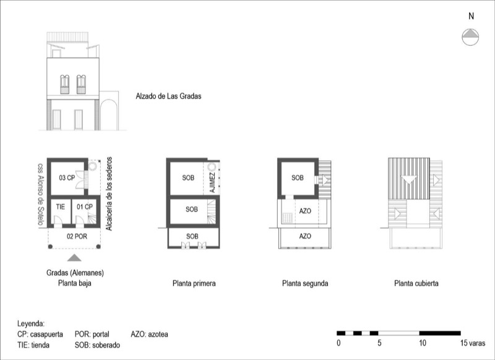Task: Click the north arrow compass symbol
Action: (470, 37)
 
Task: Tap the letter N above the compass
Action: (471, 16)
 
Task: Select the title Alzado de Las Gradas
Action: (168, 96)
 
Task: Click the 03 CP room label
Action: (67, 178)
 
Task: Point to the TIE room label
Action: (61, 207)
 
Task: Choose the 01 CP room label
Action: (85, 207)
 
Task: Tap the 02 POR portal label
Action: (77, 236)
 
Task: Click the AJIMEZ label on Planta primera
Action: (212, 182)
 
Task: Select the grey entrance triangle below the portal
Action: (74, 258)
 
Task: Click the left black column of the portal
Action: (50, 246)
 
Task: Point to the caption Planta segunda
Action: (305, 283)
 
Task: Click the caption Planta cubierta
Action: (416, 283)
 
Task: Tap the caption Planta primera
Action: (194, 283)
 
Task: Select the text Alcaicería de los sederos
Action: (109, 194)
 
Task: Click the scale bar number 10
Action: (423, 343)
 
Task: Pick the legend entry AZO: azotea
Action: (149, 334)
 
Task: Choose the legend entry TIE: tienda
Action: (33, 345)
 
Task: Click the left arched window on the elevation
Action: (65, 84)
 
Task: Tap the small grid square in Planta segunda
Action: (287, 218)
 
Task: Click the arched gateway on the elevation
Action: (109, 114)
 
